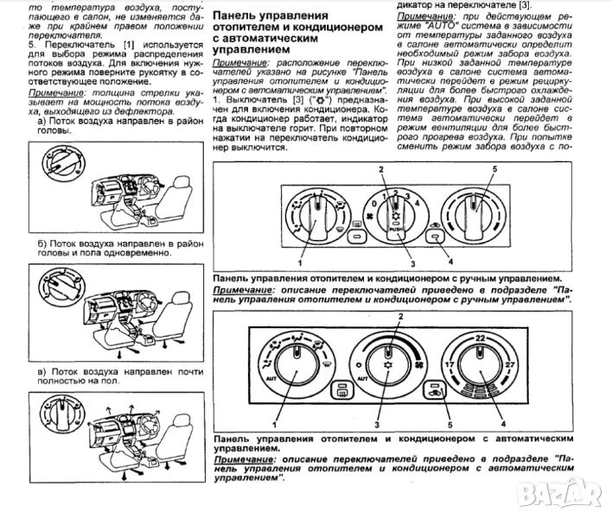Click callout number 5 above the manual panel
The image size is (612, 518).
(494, 167)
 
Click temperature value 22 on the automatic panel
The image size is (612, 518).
(479, 338)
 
